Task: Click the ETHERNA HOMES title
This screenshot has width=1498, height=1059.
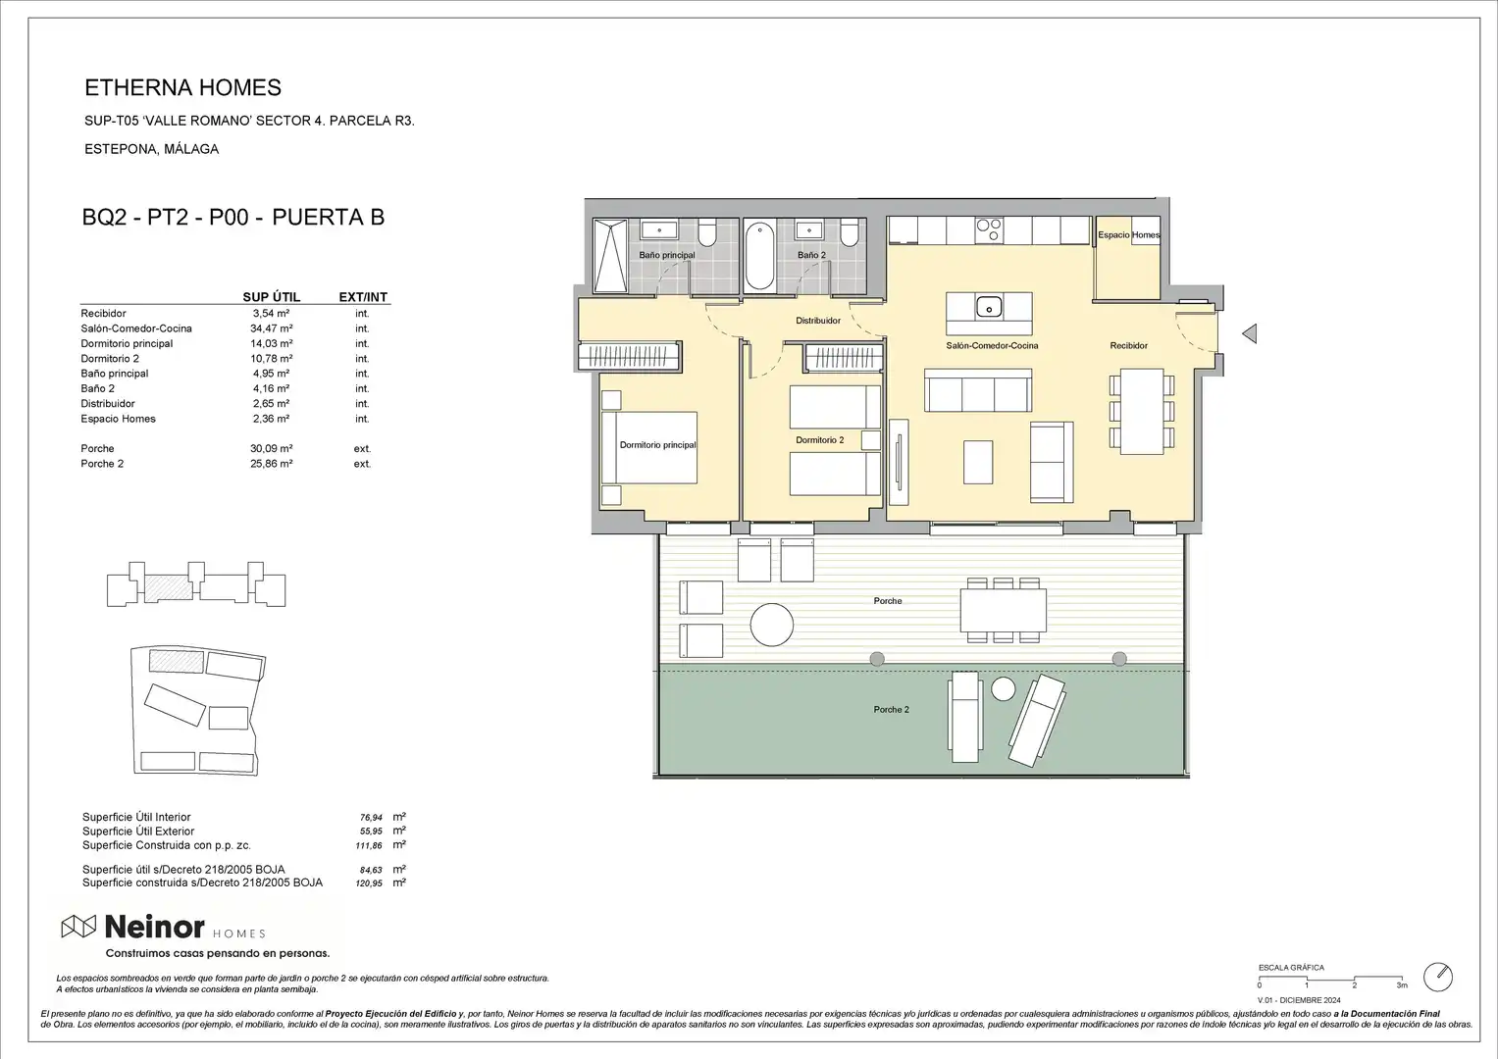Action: (x=182, y=87)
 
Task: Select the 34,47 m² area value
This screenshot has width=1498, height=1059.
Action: (x=272, y=328)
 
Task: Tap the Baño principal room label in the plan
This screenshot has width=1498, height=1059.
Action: (x=667, y=255)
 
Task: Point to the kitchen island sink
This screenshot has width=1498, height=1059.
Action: (x=989, y=307)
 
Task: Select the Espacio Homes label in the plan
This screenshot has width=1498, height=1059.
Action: (x=1129, y=234)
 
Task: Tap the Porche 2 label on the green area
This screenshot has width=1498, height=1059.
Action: (x=892, y=709)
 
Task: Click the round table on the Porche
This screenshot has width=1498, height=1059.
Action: (x=772, y=626)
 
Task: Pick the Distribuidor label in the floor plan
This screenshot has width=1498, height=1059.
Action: (x=818, y=321)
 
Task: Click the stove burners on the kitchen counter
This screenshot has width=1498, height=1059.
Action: (x=989, y=230)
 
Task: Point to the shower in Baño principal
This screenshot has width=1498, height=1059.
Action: (x=610, y=255)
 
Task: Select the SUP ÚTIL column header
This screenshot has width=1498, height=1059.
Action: (x=272, y=297)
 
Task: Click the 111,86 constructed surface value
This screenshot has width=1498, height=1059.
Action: (x=369, y=845)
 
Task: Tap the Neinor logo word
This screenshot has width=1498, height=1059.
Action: (x=154, y=928)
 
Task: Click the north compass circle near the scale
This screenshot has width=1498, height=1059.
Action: (x=1438, y=978)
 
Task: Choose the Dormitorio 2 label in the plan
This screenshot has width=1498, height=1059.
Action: (x=820, y=440)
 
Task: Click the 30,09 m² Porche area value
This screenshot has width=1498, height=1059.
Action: (x=272, y=449)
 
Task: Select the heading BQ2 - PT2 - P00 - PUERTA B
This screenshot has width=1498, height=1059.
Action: (x=233, y=218)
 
